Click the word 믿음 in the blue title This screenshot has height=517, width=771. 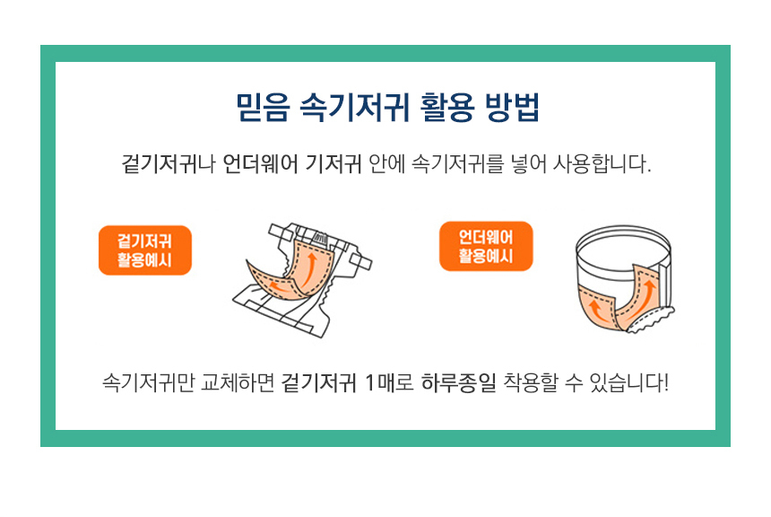point(263,107)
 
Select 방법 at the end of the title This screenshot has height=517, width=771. point(512,107)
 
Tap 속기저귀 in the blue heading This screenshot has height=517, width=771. point(354,107)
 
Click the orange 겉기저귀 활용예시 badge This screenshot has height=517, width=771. point(145,250)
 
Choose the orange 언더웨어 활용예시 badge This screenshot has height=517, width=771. point(486,246)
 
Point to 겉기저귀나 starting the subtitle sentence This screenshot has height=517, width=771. point(169,164)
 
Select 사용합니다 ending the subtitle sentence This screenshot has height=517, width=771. point(602,164)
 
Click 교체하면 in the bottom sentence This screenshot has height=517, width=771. point(237,382)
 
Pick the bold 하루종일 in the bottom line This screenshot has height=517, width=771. point(458,382)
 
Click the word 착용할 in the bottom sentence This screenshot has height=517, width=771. point(531,382)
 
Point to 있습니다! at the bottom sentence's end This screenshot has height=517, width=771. point(629,382)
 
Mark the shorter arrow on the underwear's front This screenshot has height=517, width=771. point(597,311)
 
